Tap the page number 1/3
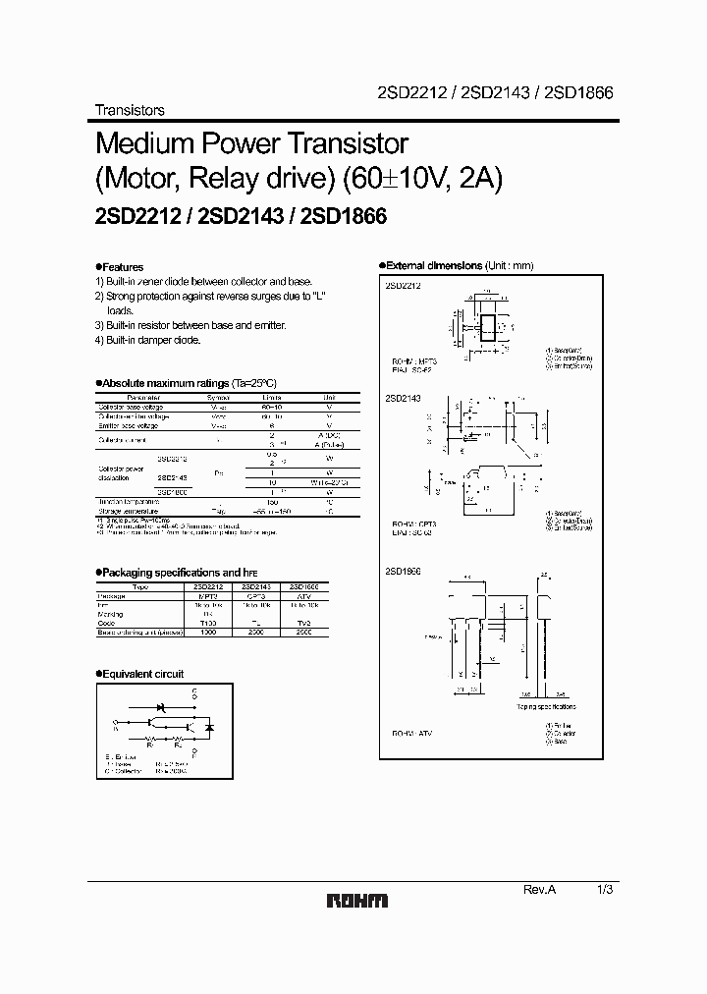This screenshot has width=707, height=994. pyautogui.click(x=603, y=889)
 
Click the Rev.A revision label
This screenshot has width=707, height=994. pyautogui.click(x=539, y=889)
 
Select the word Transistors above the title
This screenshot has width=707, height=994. pyautogui.click(x=129, y=110)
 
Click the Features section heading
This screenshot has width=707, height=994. pyautogui.click(x=122, y=267)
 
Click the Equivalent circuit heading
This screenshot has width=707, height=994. pyautogui.click(x=142, y=674)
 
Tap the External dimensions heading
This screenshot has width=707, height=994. pyautogui.click(x=442, y=266)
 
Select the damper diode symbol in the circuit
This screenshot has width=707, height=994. pyautogui.click(x=210, y=728)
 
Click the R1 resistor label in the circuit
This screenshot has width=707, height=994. pyautogui.click(x=150, y=744)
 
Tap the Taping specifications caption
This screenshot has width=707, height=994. pyautogui.click(x=547, y=706)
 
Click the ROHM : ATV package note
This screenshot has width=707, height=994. pyautogui.click(x=412, y=734)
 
